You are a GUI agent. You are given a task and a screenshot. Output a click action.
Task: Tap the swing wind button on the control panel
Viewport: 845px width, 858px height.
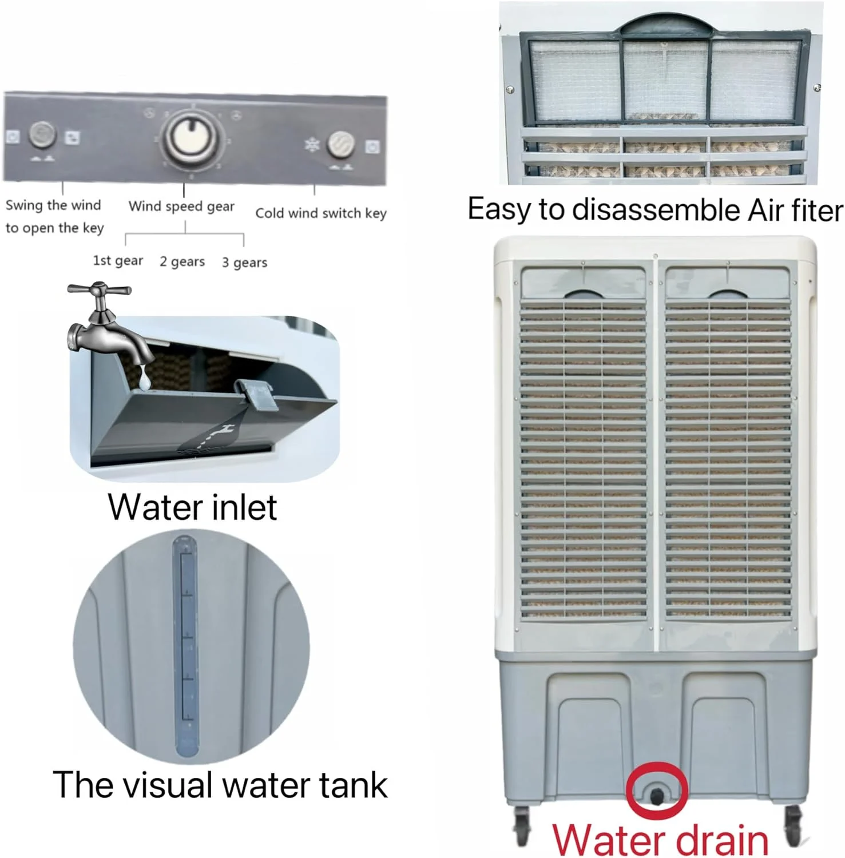tap(42, 136)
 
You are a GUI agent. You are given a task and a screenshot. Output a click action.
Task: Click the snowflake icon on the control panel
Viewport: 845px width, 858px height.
tap(312, 145)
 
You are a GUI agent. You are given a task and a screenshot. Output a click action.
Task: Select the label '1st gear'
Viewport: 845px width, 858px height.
tap(118, 261)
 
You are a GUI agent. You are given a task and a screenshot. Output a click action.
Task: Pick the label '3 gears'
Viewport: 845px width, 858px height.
tap(244, 263)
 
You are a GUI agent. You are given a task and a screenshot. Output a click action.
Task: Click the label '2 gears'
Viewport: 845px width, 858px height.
tap(182, 261)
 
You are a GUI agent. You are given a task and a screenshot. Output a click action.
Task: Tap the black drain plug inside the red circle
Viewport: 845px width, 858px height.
tap(656, 796)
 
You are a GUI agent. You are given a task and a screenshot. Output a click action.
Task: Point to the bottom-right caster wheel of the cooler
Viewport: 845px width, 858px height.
tap(794, 826)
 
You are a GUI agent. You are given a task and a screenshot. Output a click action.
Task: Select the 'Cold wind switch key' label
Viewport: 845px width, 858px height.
tap(321, 213)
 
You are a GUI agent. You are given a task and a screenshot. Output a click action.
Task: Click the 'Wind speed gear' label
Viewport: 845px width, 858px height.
tap(181, 206)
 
